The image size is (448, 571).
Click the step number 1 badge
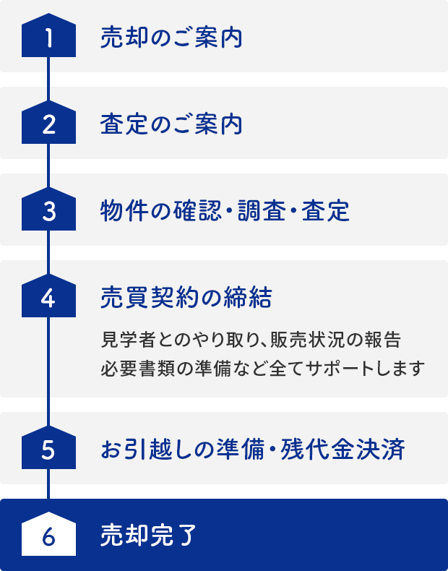tap(48, 38)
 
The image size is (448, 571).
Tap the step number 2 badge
tap(48, 124)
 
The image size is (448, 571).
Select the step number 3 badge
tap(48, 211)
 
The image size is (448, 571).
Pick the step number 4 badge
tap(48, 298)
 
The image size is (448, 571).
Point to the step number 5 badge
tap(48, 450)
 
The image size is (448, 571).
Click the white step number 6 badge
tap(48, 536)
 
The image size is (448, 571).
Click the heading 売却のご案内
tap(171, 38)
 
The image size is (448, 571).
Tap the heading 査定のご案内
tap(171, 124)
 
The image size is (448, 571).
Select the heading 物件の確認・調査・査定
tap(225, 211)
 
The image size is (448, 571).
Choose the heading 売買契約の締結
tap(186, 298)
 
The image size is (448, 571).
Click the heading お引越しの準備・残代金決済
tap(252, 450)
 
